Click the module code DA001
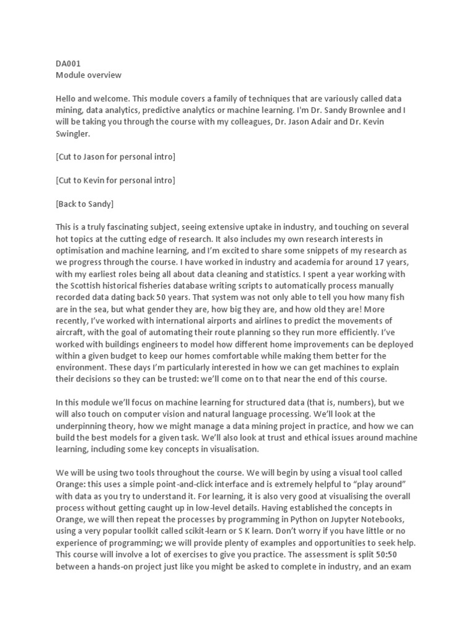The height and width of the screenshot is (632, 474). pos(69,63)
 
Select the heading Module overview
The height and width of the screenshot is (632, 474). pos(88,75)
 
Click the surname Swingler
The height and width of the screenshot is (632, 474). pos(74,134)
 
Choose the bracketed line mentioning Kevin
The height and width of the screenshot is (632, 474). pos(115,180)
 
